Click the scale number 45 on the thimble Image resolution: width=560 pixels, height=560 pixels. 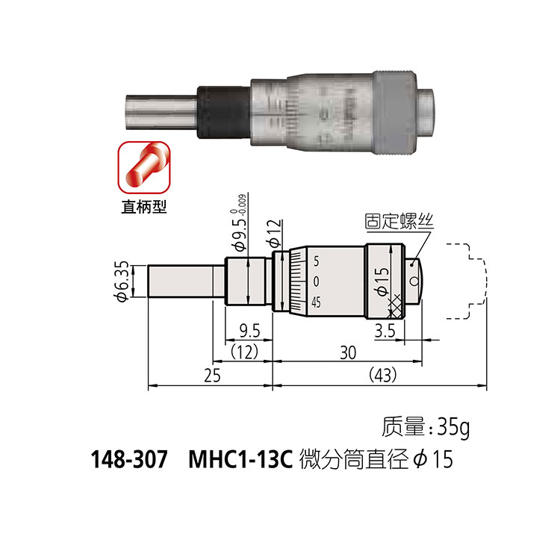click(x=316, y=302)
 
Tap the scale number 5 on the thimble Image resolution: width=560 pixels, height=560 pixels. click(x=317, y=262)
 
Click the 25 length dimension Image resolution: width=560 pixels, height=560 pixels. click(x=212, y=376)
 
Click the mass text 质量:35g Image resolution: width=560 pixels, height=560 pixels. click(x=426, y=428)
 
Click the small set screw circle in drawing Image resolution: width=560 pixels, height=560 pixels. click(x=414, y=281)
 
